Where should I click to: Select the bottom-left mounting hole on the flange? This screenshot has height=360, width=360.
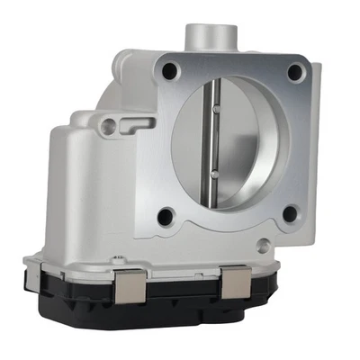(165, 216)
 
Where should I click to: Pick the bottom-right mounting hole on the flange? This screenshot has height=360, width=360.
(289, 213)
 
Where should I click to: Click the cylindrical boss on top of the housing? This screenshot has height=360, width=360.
(208, 38)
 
